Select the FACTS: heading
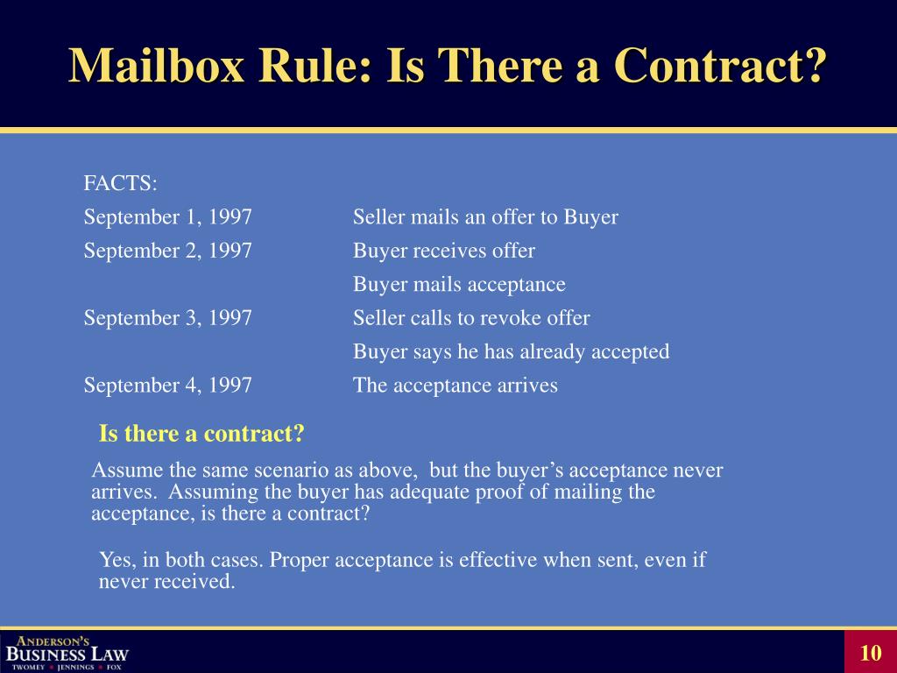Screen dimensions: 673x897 click(x=121, y=183)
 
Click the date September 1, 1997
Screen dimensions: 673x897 click(x=168, y=217)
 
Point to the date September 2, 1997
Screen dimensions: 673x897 click(x=168, y=251)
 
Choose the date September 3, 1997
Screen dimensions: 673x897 click(x=168, y=318)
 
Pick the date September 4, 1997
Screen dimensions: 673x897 click(x=168, y=385)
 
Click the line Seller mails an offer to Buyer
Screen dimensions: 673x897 click(x=485, y=217)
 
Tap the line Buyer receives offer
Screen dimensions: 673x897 click(x=444, y=251)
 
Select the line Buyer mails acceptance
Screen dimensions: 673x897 click(x=459, y=285)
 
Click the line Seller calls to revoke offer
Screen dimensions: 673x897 click(x=471, y=318)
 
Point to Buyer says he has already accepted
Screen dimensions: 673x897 click(x=511, y=351)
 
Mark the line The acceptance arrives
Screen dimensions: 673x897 click(x=455, y=385)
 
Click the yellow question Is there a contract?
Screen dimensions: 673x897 click(x=201, y=434)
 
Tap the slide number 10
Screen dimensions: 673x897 click(x=870, y=653)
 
